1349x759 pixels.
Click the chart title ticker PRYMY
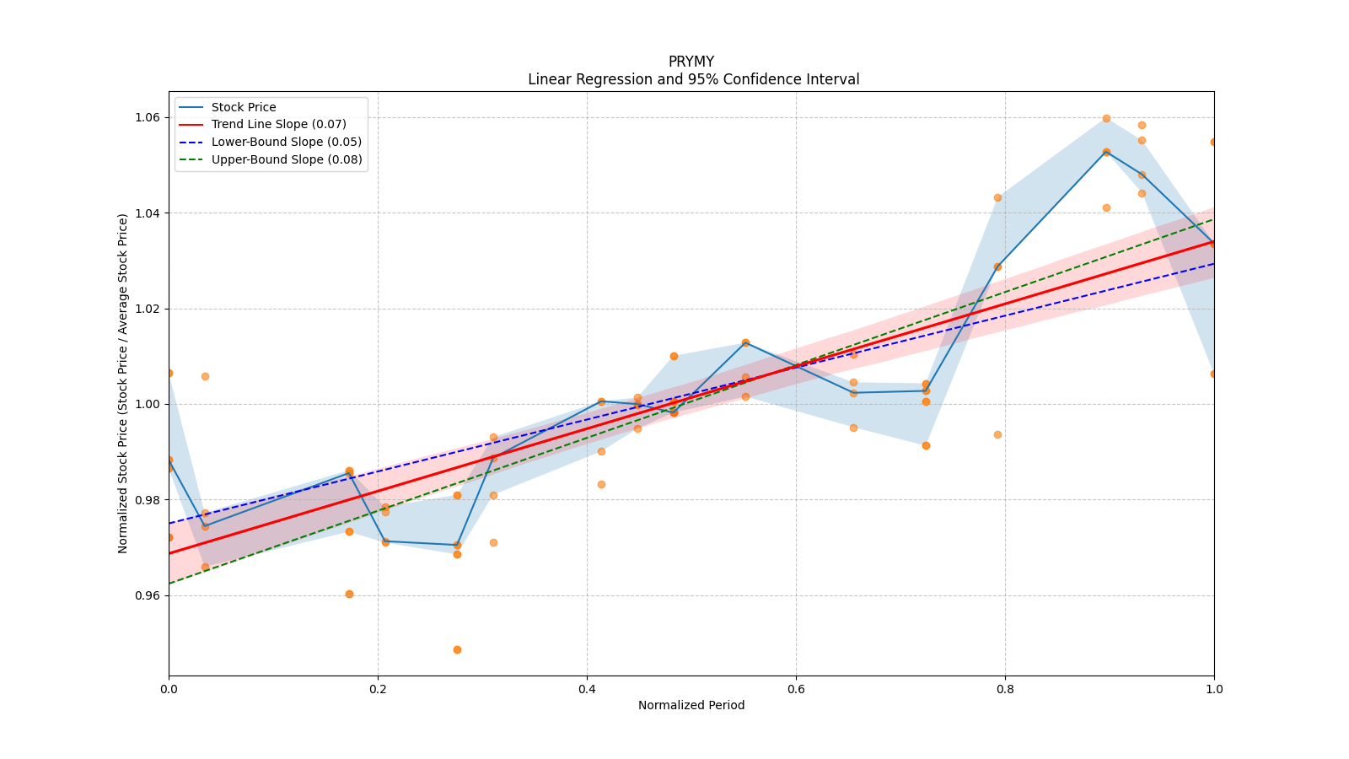click(691, 62)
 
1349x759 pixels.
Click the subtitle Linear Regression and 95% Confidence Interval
click(693, 79)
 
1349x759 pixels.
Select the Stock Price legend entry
click(244, 107)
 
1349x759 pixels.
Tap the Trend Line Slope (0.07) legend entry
click(278, 125)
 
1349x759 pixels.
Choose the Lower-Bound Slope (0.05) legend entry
click(286, 142)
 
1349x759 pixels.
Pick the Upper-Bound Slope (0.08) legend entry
click(287, 159)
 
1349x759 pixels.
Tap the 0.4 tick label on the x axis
click(587, 689)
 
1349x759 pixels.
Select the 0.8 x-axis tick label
click(1005, 689)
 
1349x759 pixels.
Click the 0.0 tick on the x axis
click(169, 689)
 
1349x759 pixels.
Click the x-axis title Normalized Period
click(691, 705)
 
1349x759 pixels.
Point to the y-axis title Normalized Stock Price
click(123, 383)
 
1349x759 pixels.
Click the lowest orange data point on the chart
click(457, 649)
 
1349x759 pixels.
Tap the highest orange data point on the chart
click(1106, 118)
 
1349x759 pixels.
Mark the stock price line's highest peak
click(1106, 152)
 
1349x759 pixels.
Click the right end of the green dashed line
click(1213, 219)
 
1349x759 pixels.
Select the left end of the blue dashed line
click(169, 524)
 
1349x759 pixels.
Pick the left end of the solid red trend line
click(169, 553)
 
